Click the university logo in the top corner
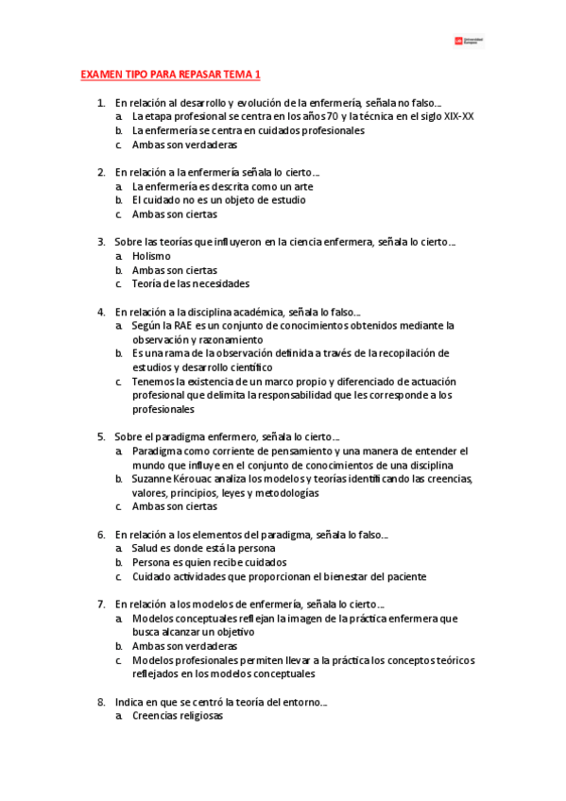tap(470, 41)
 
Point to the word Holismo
tap(152, 255)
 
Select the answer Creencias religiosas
tap(178, 716)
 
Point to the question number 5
tap(101, 436)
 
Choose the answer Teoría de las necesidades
tap(191, 283)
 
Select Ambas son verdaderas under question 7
tap(184, 646)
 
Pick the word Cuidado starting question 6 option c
tap(152, 576)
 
